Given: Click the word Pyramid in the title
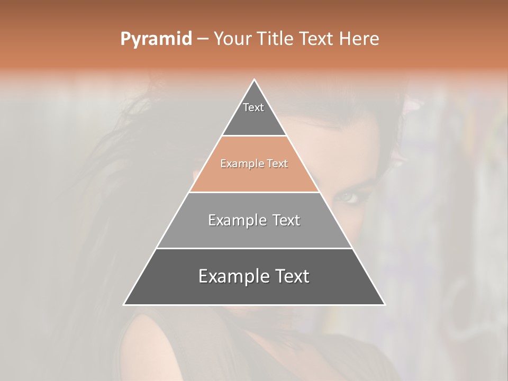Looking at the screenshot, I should tap(156, 39).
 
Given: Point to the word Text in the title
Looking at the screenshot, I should tap(317, 39).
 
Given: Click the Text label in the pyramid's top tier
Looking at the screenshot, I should tap(253, 107).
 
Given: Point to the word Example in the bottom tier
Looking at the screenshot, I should tap(230, 276).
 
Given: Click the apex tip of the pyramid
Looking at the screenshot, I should tap(255, 80).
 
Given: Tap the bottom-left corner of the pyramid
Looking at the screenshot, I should tap(124, 304).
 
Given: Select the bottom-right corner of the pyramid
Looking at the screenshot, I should tap(384, 304).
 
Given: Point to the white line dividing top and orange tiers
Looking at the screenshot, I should tap(255, 135).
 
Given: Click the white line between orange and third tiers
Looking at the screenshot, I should tap(255, 192).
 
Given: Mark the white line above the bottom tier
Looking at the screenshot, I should tap(255, 248).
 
